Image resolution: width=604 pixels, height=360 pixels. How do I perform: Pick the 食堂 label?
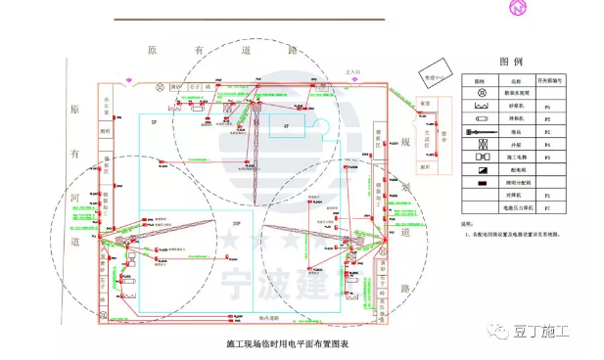pyautogui.click(x=424, y=102)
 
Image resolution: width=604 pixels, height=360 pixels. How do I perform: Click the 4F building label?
pyautogui.click(x=287, y=126)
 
